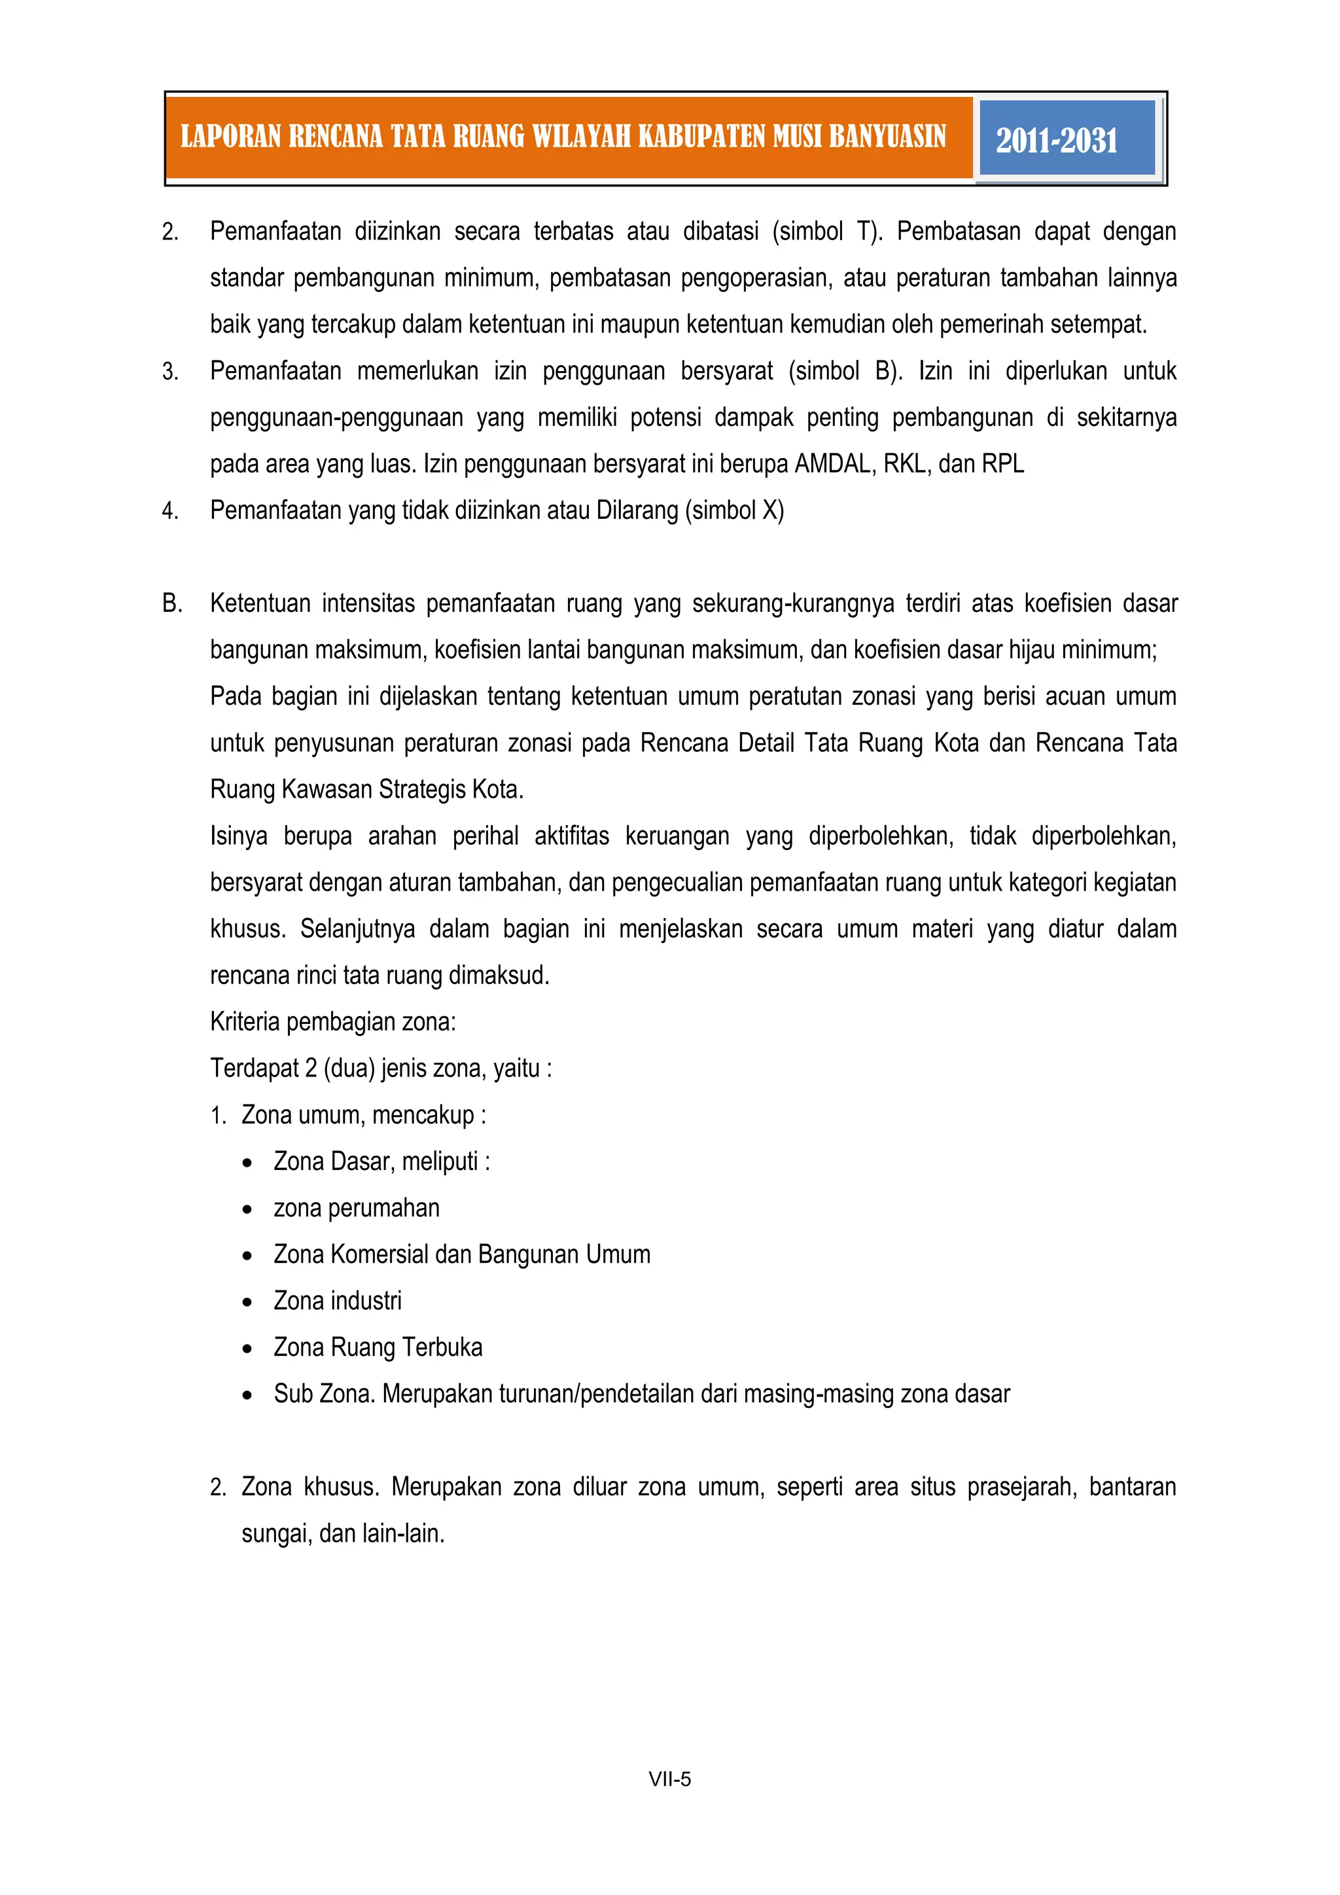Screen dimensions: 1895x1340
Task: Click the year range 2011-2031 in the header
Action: pos(1056,139)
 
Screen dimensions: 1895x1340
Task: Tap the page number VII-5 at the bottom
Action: pos(669,1779)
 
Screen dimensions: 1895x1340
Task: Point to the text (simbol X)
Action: pos(734,511)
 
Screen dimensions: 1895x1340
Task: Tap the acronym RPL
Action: pos(1002,465)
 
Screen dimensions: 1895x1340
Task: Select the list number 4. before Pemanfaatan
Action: pos(170,512)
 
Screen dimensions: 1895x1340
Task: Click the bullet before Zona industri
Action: pos(247,1302)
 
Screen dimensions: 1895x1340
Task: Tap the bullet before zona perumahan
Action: pos(247,1210)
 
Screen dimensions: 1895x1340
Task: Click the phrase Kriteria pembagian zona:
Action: pos(332,1023)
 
